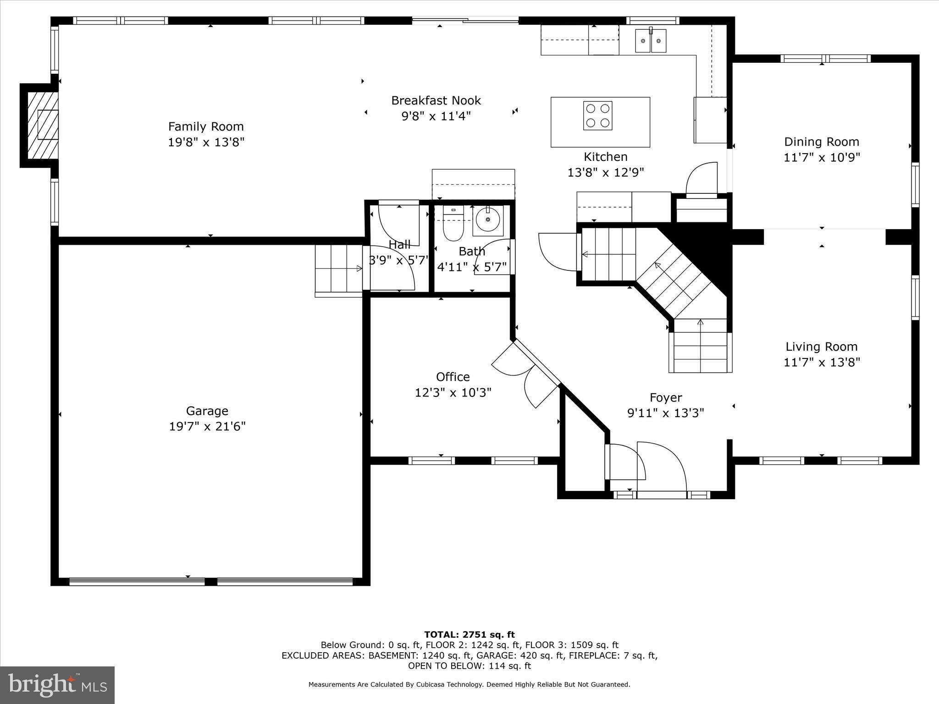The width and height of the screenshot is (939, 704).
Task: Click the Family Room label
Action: (x=206, y=126)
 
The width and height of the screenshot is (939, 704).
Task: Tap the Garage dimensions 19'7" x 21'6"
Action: (x=207, y=427)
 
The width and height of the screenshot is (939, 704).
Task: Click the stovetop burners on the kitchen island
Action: (x=598, y=116)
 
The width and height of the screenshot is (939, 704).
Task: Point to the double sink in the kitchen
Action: (x=651, y=41)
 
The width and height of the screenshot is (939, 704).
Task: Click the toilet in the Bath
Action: (x=453, y=225)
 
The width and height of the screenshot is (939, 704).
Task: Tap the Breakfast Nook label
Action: (x=436, y=100)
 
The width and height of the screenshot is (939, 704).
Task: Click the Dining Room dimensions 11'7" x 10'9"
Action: (x=822, y=158)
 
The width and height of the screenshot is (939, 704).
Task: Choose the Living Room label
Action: (x=822, y=347)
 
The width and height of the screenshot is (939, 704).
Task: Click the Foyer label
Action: (x=666, y=397)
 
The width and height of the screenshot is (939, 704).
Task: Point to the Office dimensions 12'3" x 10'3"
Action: (x=453, y=393)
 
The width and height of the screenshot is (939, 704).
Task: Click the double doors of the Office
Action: (x=525, y=374)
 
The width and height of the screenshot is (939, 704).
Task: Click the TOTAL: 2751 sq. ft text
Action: (x=469, y=635)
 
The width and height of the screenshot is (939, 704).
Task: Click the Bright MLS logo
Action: (x=57, y=685)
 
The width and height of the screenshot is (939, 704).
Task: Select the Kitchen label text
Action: (x=605, y=157)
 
